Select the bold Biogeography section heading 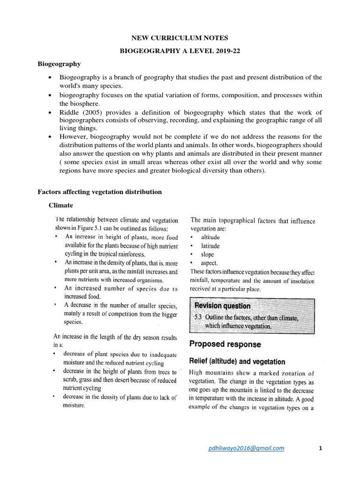pyautogui.click(x=59, y=64)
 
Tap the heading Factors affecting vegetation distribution pyautogui.click(x=99, y=192)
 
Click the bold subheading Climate pyautogui.click(x=61, y=205)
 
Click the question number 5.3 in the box pyautogui.click(x=199, y=317)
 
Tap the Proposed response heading pyautogui.click(x=225, y=344)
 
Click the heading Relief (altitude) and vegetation pyautogui.click(x=237, y=361)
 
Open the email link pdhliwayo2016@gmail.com pyautogui.click(x=246, y=448)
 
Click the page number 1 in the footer pyautogui.click(x=320, y=448)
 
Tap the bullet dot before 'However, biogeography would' pyautogui.click(x=50, y=136)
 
